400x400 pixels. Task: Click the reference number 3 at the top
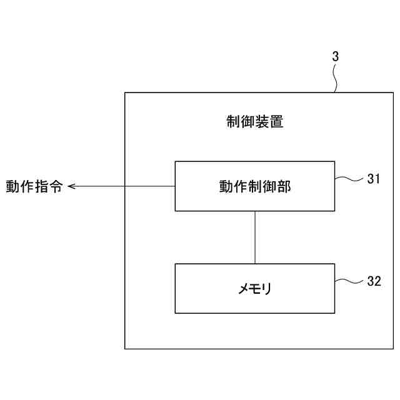pos(335,56)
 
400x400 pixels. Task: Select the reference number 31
pos(374,179)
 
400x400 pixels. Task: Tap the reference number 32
pos(374,281)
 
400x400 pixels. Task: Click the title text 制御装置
pos(255,122)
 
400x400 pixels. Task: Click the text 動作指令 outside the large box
pos(34,186)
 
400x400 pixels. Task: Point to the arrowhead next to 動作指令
pos(71,186)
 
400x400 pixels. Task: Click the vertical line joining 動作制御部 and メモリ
pos(254,237)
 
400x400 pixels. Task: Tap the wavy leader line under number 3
pos(337,78)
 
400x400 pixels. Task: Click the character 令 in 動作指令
pos(56,186)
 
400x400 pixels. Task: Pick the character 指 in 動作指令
pos(41,186)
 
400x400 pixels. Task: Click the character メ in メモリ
pos(244,289)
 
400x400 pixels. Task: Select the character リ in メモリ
pos(266,289)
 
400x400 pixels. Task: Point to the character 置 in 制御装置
pos(276,122)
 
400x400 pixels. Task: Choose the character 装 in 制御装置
pos(262,122)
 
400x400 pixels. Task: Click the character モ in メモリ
pos(255,289)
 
